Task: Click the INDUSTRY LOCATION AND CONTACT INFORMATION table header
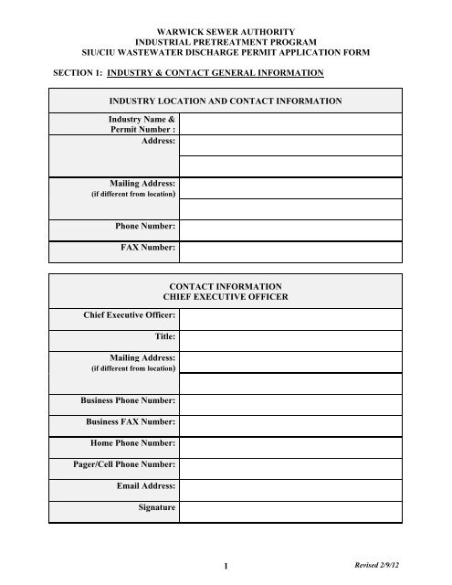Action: click(225, 101)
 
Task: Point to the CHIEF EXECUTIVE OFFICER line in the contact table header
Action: click(225, 298)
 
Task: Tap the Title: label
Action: click(164, 337)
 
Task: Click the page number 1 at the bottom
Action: click(225, 568)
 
